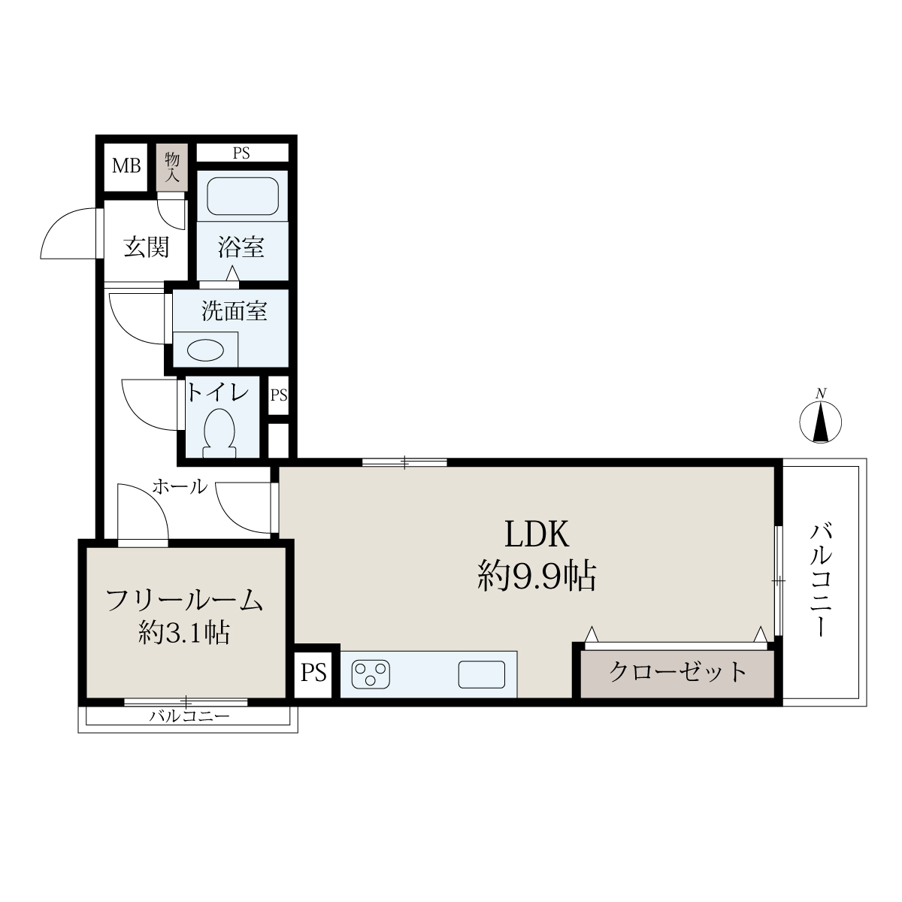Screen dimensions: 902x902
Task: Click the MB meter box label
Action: point(126,165)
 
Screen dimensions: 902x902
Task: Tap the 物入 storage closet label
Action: point(172,167)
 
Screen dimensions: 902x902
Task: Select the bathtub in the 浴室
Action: point(243,196)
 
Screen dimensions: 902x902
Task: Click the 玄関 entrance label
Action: point(146,247)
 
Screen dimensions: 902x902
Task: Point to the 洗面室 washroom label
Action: point(235,310)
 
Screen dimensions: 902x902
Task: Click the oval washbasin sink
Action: point(205,350)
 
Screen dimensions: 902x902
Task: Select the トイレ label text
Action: point(218,392)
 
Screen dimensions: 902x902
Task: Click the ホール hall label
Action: point(180,487)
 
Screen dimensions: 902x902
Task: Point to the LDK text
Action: point(537,534)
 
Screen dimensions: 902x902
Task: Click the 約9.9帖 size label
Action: point(537,577)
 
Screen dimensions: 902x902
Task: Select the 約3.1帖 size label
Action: point(184,634)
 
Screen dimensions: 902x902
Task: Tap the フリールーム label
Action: point(184,601)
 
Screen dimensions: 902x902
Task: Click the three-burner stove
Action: point(371,674)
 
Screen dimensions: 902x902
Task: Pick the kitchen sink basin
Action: point(482,674)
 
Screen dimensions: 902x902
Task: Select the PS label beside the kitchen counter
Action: point(313,673)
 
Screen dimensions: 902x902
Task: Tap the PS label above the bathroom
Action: point(241,153)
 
